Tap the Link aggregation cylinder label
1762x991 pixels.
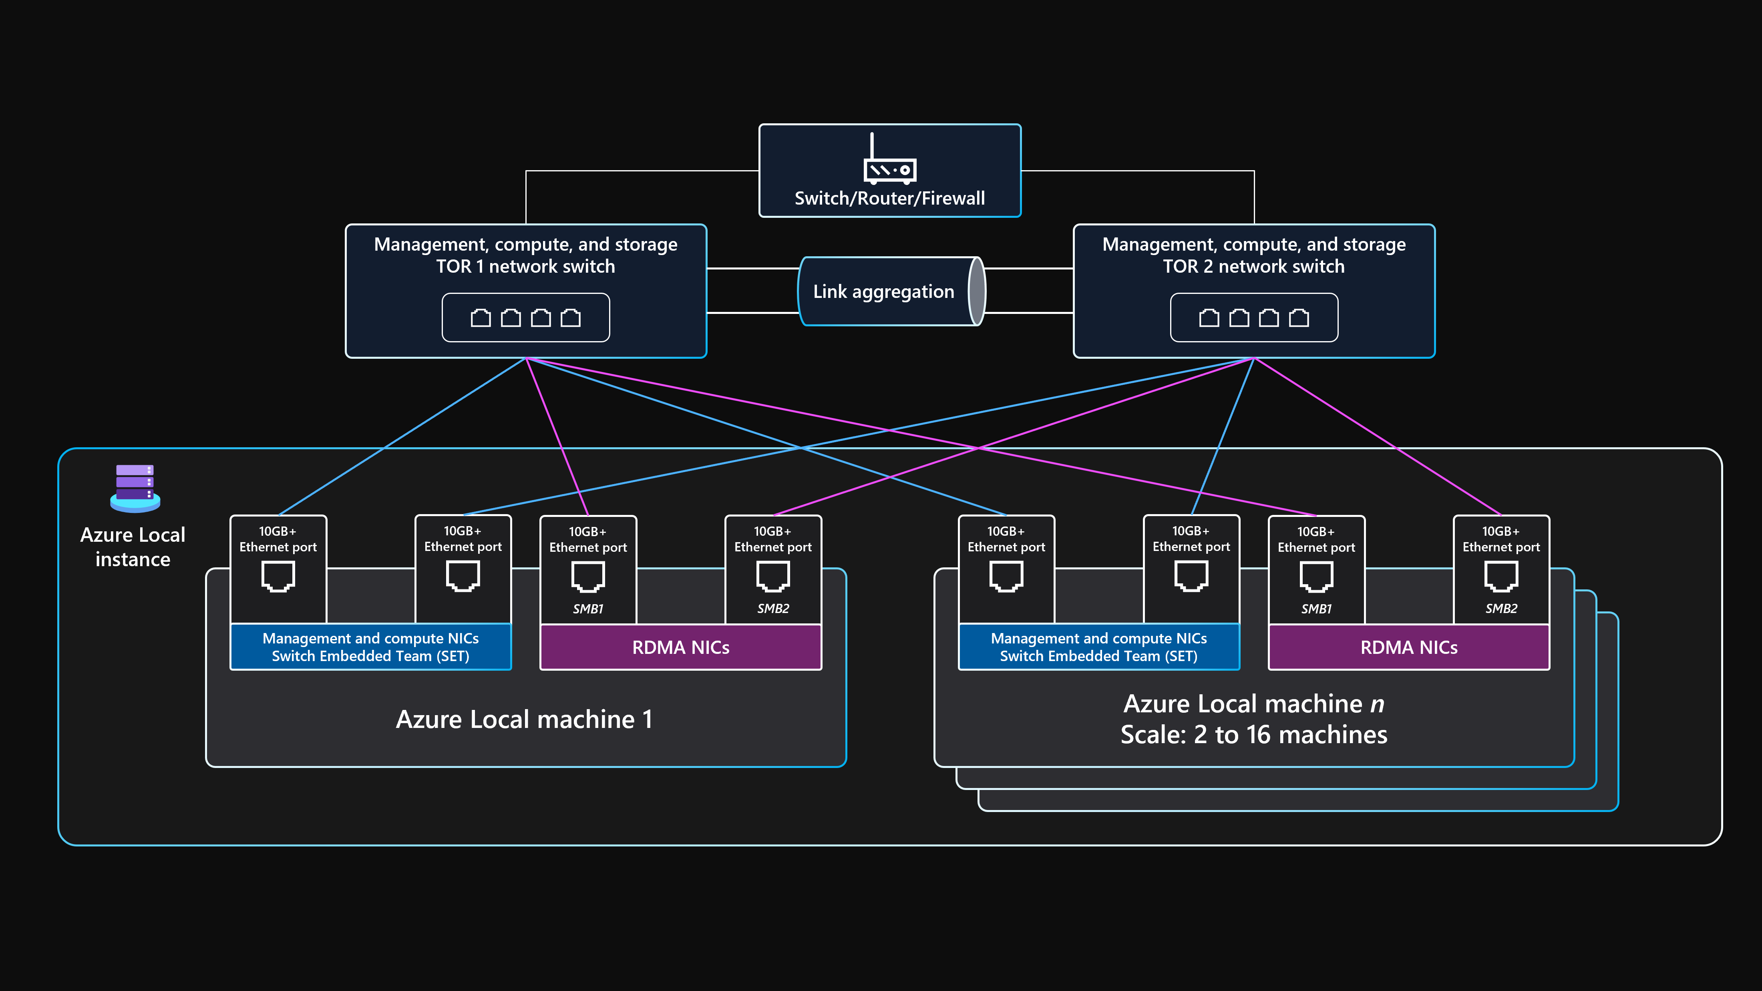click(883, 292)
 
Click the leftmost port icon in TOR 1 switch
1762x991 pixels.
click(481, 318)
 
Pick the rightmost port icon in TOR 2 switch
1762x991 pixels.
click(1298, 318)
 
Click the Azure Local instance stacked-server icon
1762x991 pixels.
click(135, 488)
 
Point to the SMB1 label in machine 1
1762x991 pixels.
click(587, 609)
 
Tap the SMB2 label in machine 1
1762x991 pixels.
click(773, 609)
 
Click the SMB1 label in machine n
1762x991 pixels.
click(1316, 609)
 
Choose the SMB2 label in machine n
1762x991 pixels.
click(1501, 609)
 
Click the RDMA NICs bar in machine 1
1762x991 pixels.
click(681, 647)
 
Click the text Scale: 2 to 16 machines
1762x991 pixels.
click(1254, 734)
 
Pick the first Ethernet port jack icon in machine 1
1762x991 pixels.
click(278, 576)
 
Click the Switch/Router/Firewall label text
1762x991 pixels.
click(889, 198)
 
